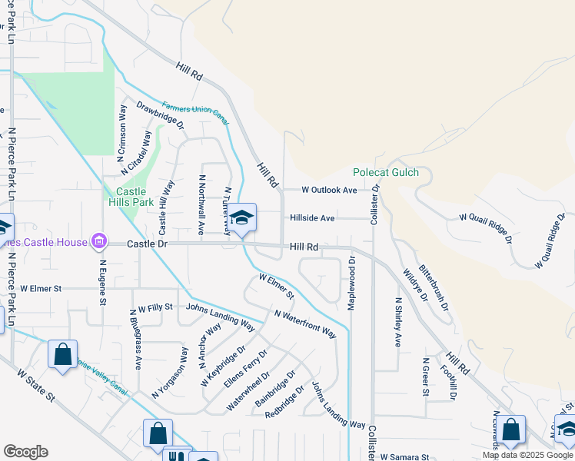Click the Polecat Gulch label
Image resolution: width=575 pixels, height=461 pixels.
click(386, 172)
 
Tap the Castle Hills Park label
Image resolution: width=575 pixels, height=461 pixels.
click(135, 197)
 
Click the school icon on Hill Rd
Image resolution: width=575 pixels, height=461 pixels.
click(241, 220)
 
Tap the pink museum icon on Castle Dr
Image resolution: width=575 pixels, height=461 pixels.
click(98, 243)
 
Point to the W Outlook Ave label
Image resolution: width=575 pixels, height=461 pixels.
click(329, 190)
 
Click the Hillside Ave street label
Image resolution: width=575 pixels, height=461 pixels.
click(312, 218)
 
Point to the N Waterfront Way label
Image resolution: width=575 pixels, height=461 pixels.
click(305, 323)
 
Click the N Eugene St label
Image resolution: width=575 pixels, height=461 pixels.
click(102, 281)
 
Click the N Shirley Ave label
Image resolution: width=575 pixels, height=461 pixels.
click(398, 322)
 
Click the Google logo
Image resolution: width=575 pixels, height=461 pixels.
click(25, 452)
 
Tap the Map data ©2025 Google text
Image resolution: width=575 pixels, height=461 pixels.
click(527, 455)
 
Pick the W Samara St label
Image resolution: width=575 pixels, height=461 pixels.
click(403, 456)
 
